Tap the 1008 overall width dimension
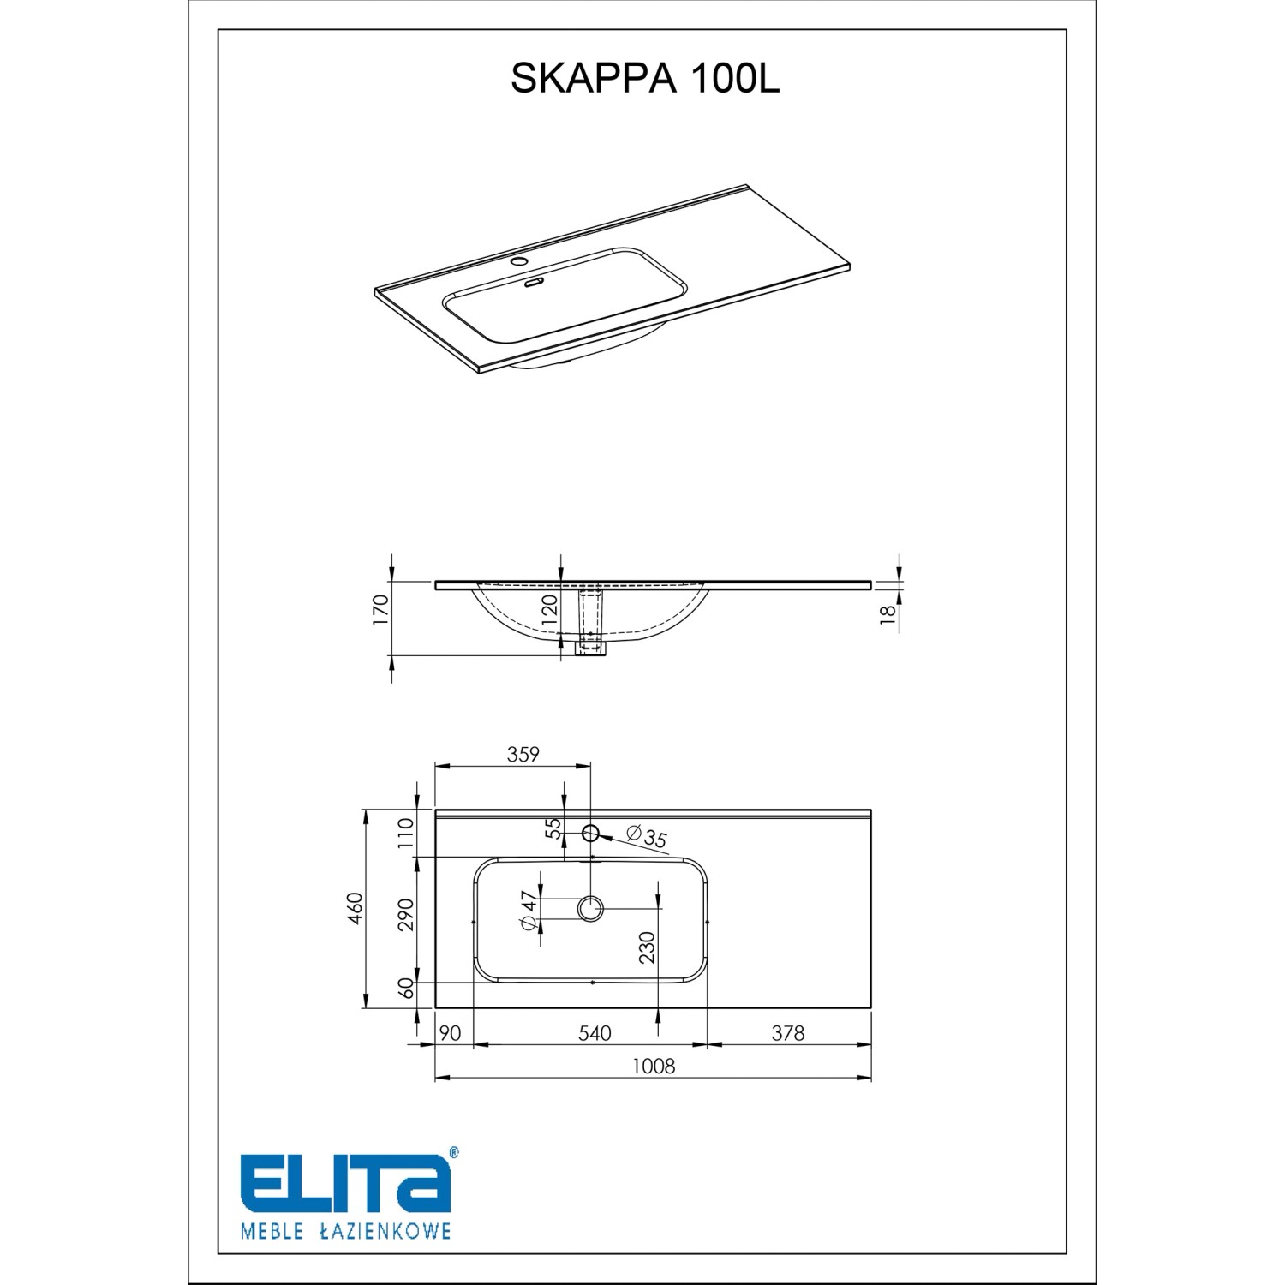(654, 1066)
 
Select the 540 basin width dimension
(594, 1033)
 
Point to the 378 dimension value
(788, 1033)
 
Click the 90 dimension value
(450, 1033)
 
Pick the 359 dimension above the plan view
(523, 754)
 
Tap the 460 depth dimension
(356, 909)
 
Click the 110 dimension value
(406, 833)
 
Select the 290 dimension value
(406, 914)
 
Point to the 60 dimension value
(406, 988)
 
